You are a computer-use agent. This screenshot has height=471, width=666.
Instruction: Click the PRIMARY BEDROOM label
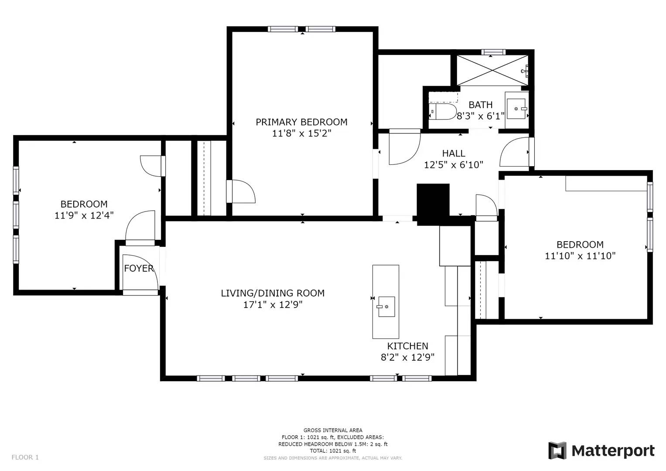(301, 122)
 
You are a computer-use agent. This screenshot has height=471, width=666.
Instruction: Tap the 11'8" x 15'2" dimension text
(301, 133)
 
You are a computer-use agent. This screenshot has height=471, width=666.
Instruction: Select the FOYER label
(139, 268)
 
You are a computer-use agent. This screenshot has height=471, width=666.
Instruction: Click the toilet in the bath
(443, 112)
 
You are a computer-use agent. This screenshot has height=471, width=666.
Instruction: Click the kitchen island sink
(386, 307)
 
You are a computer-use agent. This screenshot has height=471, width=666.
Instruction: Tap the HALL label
(454, 154)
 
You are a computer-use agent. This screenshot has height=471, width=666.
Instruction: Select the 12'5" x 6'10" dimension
(454, 165)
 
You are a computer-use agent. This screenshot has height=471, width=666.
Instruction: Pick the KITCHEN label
(407, 346)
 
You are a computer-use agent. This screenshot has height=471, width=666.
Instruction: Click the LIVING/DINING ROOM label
(273, 294)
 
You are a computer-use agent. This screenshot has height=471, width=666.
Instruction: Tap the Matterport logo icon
(557, 451)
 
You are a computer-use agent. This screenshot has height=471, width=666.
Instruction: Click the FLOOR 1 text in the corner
(25, 457)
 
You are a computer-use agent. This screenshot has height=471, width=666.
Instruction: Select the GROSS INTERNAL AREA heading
(333, 430)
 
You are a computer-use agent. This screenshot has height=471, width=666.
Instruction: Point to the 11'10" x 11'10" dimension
(580, 256)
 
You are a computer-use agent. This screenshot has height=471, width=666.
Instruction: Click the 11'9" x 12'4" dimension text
(84, 215)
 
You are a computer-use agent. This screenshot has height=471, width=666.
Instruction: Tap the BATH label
(480, 105)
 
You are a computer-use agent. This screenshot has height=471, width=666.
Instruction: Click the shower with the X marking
(492, 70)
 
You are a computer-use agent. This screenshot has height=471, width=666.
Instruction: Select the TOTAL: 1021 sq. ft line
(333, 451)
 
